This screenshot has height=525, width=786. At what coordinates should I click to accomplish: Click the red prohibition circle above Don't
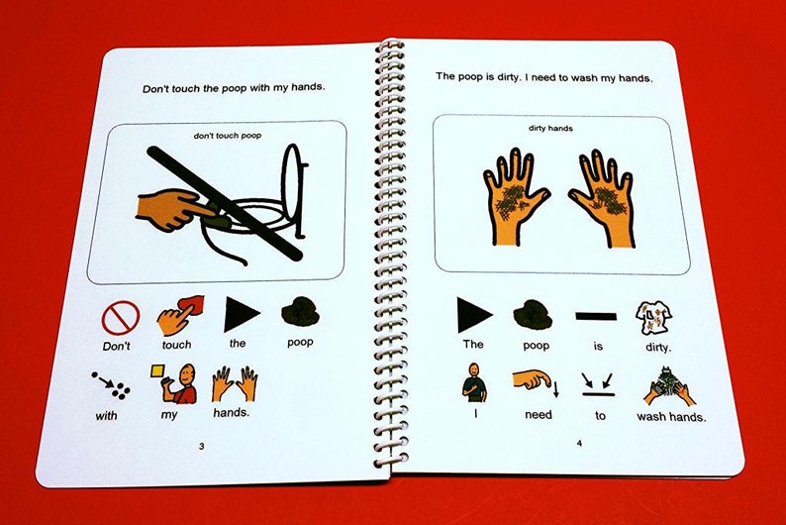point(121,318)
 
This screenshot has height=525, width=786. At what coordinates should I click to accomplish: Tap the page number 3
point(202,447)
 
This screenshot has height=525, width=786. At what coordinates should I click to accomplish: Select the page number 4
point(579,443)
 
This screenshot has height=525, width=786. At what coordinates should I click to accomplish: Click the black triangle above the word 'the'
point(242,314)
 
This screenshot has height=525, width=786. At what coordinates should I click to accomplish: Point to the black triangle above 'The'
point(474,315)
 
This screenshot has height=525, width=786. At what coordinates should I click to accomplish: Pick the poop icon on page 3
point(300,312)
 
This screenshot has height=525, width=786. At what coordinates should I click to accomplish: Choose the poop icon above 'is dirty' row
point(533,315)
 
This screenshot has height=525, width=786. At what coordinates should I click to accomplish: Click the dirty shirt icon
point(653,318)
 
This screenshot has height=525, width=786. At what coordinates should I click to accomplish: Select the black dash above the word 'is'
point(596,316)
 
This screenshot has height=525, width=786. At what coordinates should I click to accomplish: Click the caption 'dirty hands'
point(550,129)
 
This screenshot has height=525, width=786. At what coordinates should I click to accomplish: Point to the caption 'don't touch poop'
point(228,136)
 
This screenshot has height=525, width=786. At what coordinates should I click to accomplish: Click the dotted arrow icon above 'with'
point(111,385)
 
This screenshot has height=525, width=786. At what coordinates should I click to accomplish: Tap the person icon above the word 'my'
point(173,383)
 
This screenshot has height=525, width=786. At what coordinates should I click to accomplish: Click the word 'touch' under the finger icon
point(176,345)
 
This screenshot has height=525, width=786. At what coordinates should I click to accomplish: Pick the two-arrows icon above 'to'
point(598,385)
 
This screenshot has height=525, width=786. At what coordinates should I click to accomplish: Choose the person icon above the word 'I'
point(474,383)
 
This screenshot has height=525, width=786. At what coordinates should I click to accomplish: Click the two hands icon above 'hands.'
point(235,384)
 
